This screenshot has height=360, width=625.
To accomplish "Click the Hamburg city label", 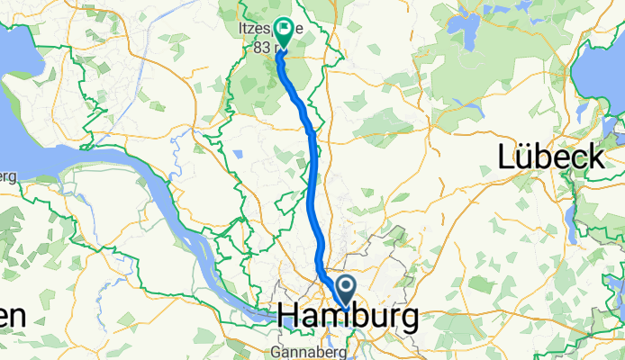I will (349, 317).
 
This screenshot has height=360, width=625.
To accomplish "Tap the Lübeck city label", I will (551, 157).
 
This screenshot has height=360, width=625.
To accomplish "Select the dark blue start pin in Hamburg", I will (347, 287).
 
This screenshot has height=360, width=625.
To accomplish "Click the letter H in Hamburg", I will (290, 317).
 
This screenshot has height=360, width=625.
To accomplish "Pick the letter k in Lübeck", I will (595, 157).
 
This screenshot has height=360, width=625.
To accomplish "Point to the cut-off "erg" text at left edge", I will (7, 175).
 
